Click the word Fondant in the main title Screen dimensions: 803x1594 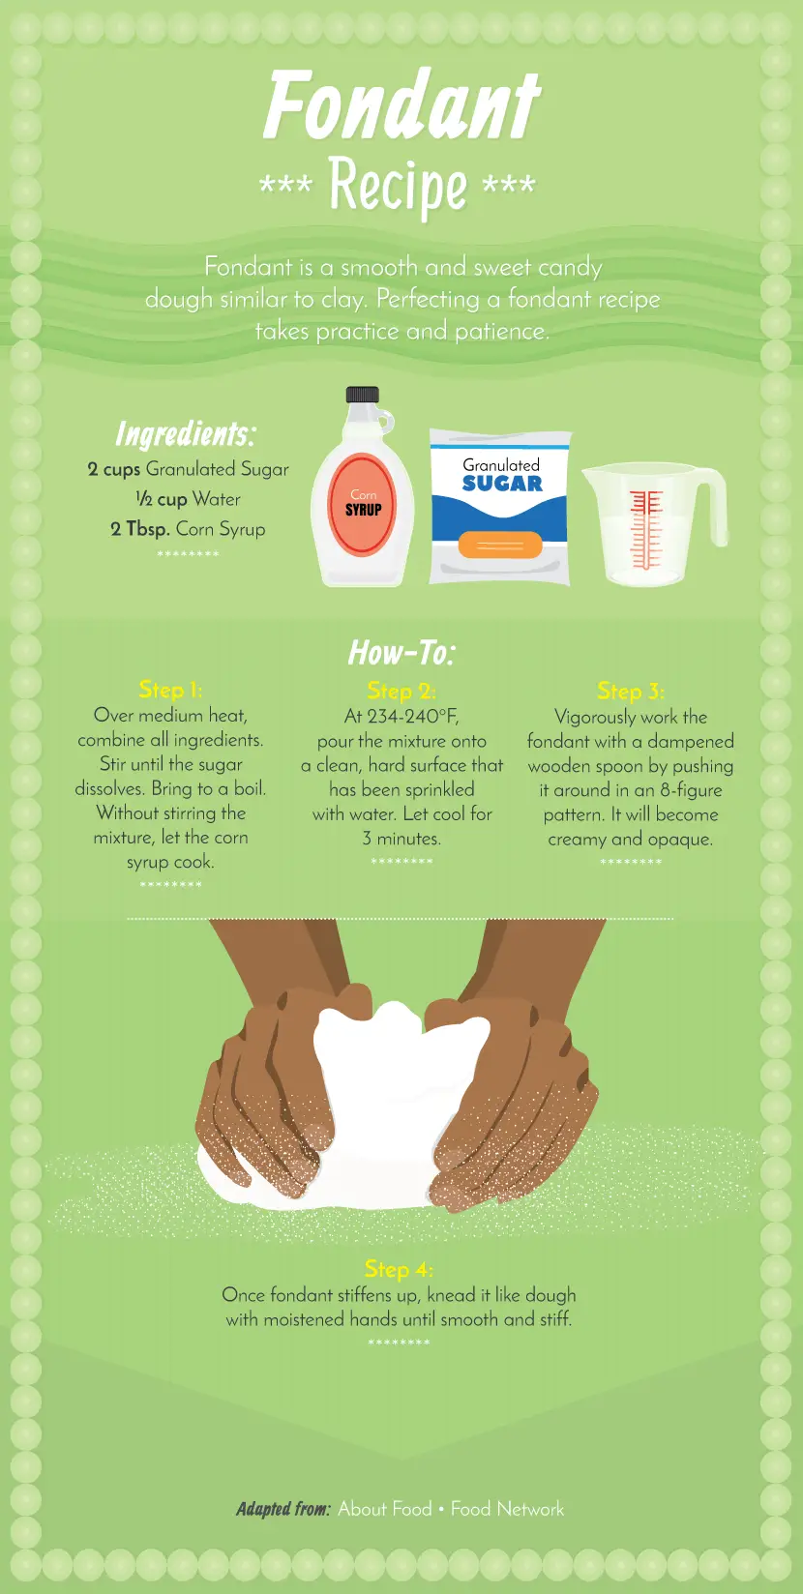[401, 104]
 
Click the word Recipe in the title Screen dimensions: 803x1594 [398, 187]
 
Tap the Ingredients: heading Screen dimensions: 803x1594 [186, 434]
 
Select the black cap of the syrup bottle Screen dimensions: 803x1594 [363, 395]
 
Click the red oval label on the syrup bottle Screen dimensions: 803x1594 [363, 504]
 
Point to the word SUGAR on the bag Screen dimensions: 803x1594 [502, 485]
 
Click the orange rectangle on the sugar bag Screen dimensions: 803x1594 [500, 546]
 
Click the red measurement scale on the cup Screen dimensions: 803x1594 [645, 529]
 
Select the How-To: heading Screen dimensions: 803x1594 [401, 653]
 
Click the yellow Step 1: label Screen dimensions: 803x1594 [170, 690]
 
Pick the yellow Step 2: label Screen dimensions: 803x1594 [401, 691]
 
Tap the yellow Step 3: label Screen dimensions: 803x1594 [631, 691]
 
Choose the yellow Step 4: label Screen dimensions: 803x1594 [399, 1269]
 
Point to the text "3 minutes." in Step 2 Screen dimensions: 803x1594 [401, 839]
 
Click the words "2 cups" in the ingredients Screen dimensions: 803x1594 [114, 470]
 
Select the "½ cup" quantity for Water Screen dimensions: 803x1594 [162, 499]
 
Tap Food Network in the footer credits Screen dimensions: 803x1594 [507, 1509]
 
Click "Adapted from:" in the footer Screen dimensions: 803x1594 [283, 1509]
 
